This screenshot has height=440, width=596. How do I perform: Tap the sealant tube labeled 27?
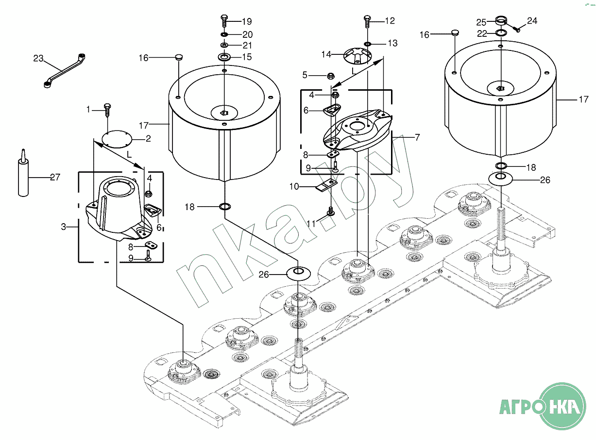click(x=23, y=174)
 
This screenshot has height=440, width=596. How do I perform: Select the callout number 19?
click(x=246, y=21)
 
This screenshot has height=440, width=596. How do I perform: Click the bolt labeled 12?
click(x=367, y=21)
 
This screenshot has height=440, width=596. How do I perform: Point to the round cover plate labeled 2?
click(x=117, y=139)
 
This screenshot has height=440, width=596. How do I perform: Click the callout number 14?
click(x=326, y=54)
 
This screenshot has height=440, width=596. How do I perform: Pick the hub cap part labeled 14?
click(x=358, y=56)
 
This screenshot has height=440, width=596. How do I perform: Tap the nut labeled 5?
click(x=330, y=76)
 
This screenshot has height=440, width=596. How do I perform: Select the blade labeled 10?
click(x=326, y=185)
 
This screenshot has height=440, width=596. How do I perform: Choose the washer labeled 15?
click(x=224, y=57)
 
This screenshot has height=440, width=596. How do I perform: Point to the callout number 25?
click(x=481, y=22)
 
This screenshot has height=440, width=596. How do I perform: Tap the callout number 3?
click(x=64, y=227)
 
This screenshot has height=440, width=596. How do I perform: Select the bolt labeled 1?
click(x=107, y=110)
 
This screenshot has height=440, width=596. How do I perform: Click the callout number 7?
click(x=417, y=137)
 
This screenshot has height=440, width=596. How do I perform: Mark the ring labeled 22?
click(x=501, y=33)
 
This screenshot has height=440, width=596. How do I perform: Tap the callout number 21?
click(x=247, y=46)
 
